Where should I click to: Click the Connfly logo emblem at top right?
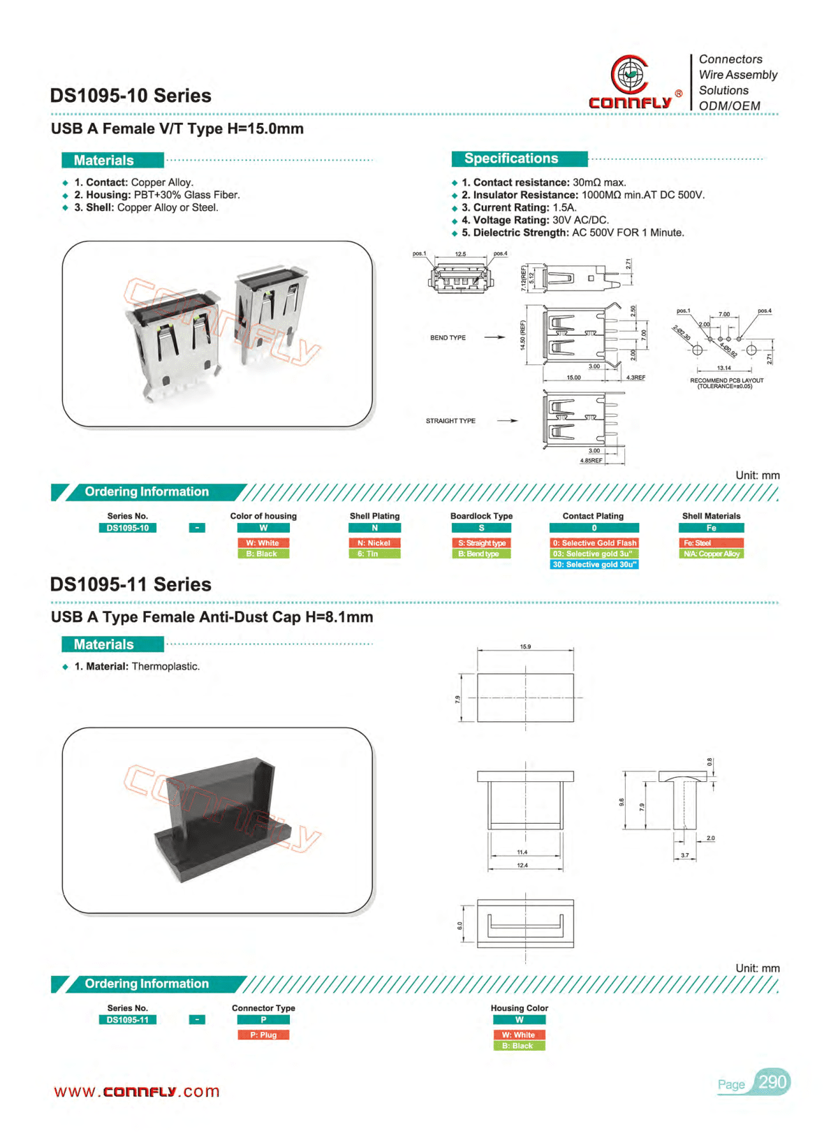click(x=630, y=74)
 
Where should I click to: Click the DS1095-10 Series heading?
click(x=131, y=96)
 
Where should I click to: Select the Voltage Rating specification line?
click(x=534, y=220)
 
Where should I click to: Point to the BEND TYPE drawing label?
click(x=448, y=338)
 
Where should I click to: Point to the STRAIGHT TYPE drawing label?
click(x=450, y=421)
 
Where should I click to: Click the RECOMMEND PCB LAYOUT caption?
click(x=726, y=383)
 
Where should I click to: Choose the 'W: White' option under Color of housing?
click(x=263, y=542)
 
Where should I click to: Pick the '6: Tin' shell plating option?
click(x=374, y=554)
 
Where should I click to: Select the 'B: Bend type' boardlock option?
click(x=480, y=554)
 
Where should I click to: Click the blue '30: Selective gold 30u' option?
click(x=594, y=564)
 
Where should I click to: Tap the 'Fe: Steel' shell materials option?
click(x=710, y=542)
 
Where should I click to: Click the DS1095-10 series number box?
click(x=128, y=528)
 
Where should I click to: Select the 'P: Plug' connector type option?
click(x=263, y=1035)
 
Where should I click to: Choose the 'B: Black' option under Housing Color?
click(x=519, y=1046)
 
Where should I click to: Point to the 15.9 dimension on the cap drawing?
click(x=525, y=647)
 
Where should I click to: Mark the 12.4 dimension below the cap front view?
click(x=522, y=866)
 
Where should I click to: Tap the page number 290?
click(x=772, y=1082)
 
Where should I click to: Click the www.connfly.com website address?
click(x=137, y=1091)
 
